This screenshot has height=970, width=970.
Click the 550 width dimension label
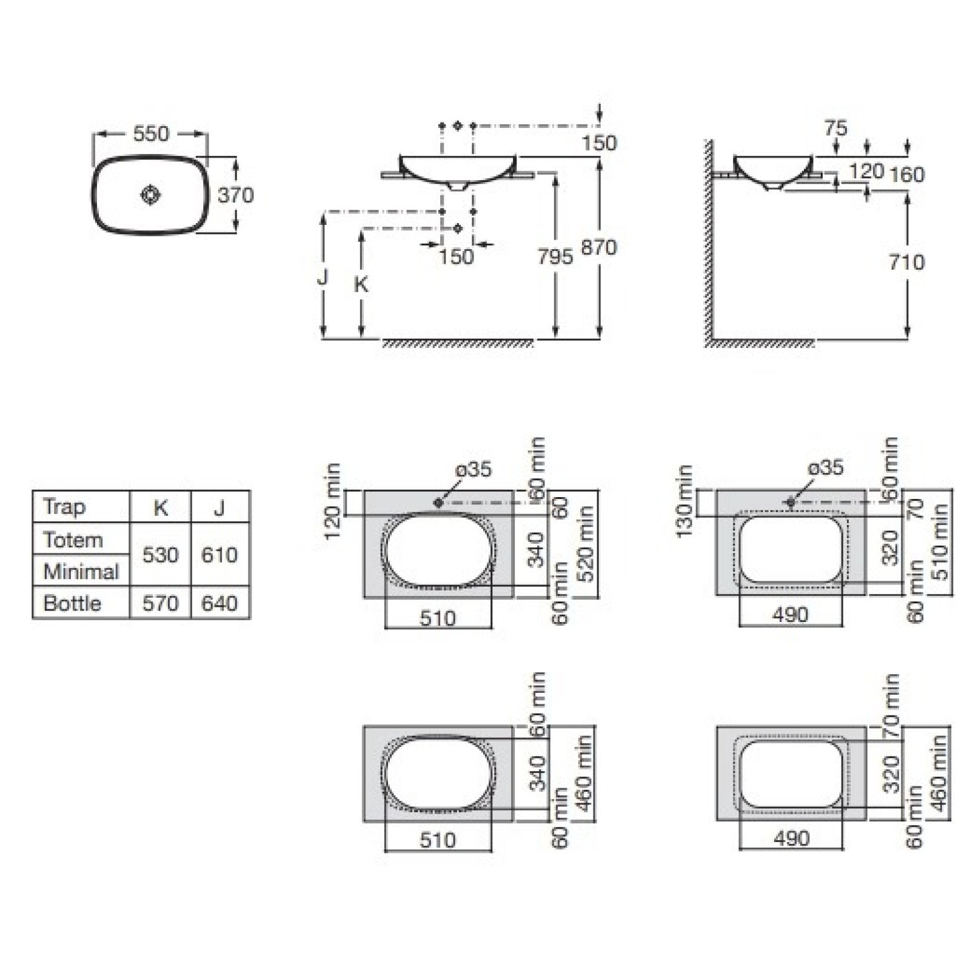[151, 133]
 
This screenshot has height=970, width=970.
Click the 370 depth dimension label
[236, 195]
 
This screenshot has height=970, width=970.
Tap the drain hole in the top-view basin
[150, 195]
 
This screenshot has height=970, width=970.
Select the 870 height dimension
[599, 247]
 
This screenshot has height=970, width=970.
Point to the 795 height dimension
[555, 256]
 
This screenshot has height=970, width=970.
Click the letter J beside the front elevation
[323, 277]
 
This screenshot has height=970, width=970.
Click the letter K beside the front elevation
[361, 284]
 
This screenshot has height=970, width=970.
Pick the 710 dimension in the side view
[907, 262]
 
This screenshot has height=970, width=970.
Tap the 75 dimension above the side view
[835, 129]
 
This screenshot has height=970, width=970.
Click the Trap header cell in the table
[64, 507]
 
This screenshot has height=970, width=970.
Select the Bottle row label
[72, 603]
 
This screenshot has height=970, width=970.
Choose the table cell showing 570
[161, 603]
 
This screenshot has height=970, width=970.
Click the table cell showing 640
[219, 603]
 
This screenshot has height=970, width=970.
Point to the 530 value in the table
[161, 555]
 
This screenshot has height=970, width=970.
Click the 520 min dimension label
[585, 543]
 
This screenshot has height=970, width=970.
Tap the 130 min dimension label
[684, 501]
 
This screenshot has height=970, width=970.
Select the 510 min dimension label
[939, 541]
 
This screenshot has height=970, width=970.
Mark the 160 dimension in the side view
[907, 175]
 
